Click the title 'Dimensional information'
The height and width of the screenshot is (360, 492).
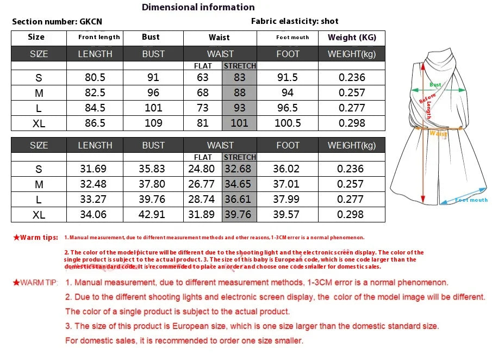point(198,7)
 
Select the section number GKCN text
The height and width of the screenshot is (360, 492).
point(57,22)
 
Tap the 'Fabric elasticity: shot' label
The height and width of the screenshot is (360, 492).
point(295,21)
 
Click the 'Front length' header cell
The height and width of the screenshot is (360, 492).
point(99,38)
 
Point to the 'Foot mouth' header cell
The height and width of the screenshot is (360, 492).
point(292,38)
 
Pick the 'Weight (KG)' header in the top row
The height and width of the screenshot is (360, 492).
point(352,38)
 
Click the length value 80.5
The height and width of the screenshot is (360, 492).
point(95,77)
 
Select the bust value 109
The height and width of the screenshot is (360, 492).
point(153,123)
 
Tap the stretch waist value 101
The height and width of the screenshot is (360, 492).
point(239,123)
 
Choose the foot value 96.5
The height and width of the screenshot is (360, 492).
point(288,108)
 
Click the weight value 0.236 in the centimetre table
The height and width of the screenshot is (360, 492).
point(352,77)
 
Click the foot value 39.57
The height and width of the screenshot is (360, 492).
point(287,214)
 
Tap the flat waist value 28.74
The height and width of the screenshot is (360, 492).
point(201,199)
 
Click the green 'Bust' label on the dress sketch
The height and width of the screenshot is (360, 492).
point(435,85)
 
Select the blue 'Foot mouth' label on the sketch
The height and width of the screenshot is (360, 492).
point(471,200)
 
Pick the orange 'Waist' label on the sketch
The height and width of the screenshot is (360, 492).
point(438,133)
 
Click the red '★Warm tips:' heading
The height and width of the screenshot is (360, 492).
point(35,238)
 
